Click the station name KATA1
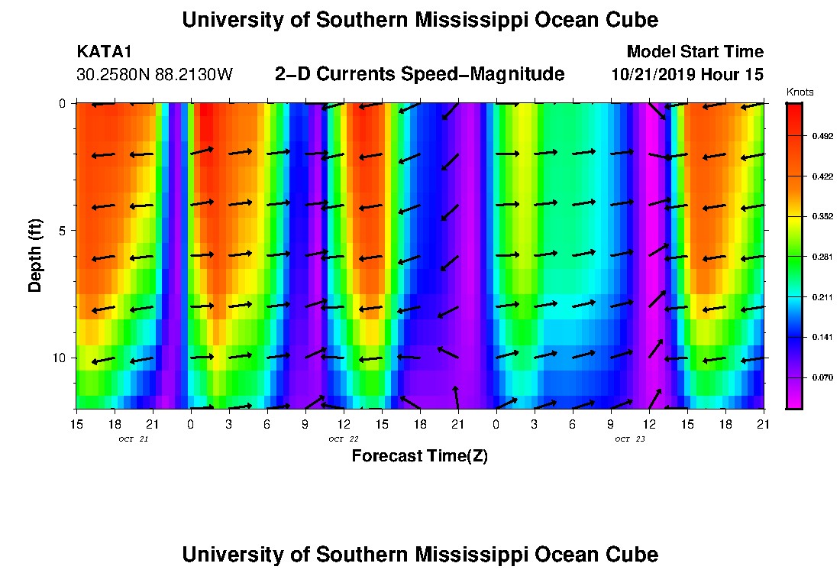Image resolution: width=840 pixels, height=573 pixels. [104, 52]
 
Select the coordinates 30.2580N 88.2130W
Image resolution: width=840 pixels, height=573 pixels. [155, 75]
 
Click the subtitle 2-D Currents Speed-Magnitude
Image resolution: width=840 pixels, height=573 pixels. [419, 74]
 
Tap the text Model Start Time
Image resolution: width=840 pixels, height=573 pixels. [694, 52]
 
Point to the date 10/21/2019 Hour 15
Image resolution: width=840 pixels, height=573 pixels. [687, 75]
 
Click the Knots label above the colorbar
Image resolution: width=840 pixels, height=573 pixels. [800, 92]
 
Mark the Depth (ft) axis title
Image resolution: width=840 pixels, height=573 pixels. [34, 255]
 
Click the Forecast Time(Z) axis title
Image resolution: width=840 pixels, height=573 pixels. [419, 457]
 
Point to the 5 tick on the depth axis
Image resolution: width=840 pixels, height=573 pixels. [61, 230]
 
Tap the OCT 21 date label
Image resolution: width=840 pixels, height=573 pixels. [134, 439]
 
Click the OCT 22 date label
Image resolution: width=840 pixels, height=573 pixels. [344, 439]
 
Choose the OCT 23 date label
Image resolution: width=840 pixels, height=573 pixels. [630, 439]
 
